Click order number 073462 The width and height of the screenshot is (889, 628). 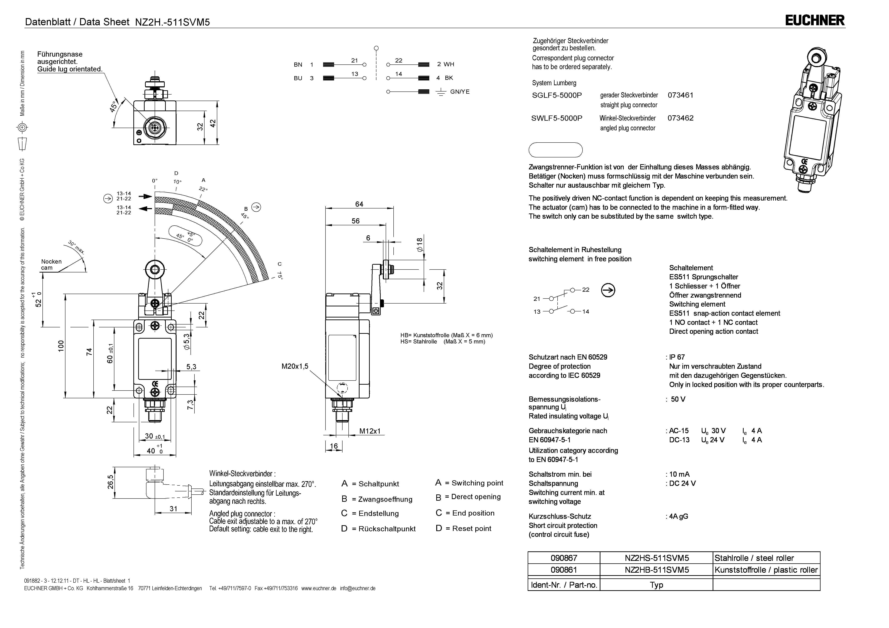click(680, 118)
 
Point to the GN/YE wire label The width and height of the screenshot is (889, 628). click(460, 92)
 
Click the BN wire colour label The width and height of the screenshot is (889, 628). click(298, 65)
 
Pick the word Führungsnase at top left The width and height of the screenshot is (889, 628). click(60, 54)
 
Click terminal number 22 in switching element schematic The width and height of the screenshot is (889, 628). click(585, 289)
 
